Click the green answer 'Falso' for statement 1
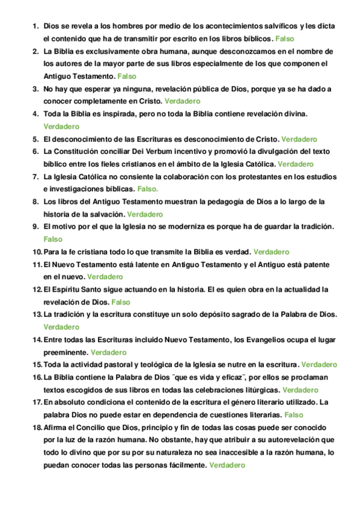[285, 38]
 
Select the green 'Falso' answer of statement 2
[127, 76]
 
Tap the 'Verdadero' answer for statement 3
[182, 101]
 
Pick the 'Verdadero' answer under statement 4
[61, 126]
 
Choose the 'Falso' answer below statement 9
[53, 239]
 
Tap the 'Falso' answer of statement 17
[293, 414]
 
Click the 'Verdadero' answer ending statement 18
[227, 465]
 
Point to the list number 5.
[35, 139]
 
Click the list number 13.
[37, 315]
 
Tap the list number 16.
[37, 377]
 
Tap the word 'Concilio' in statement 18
[96, 427]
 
